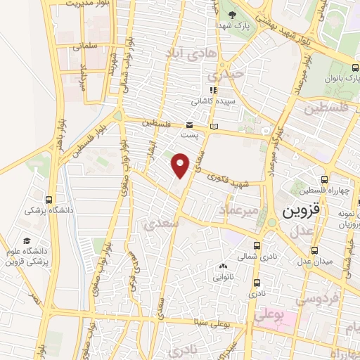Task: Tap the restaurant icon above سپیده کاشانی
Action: [213, 90]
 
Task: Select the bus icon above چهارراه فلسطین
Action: [323, 180]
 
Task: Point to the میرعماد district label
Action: [239, 209]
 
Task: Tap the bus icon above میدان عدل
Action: [315, 250]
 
